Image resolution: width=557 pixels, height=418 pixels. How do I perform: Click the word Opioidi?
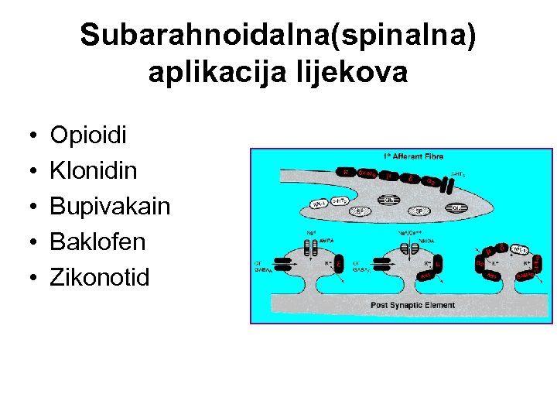88,136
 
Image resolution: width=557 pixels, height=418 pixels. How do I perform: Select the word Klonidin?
94,172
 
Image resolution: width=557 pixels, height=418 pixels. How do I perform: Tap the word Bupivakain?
110,207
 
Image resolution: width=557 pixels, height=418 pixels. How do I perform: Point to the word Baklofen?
97,242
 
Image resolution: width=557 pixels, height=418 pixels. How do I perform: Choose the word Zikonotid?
100,277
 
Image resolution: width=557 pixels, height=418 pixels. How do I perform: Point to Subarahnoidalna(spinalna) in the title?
278,35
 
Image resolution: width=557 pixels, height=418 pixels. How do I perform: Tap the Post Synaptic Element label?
413,305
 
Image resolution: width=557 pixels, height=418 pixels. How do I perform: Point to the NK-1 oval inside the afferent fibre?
318,204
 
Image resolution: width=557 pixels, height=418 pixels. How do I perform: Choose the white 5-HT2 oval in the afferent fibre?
340,200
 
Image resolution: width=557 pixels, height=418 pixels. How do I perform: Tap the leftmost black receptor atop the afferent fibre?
346,172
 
